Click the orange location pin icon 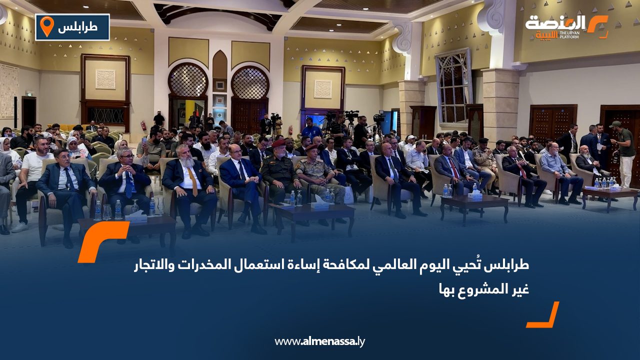(46, 26)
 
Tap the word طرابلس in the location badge (77, 27)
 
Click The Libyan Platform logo (566, 27)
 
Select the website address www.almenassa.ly (320, 341)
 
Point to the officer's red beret (278, 143)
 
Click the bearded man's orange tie (193, 181)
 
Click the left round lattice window (187, 80)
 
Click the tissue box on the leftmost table (136, 216)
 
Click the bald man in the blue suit (241, 180)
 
